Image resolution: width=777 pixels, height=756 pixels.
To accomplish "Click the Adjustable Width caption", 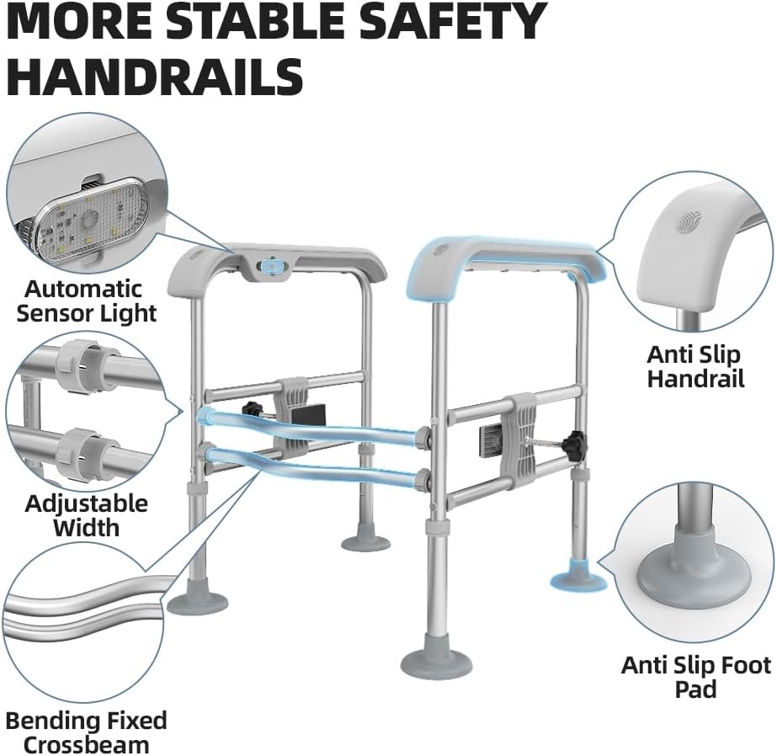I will pyautogui.click(x=86, y=515).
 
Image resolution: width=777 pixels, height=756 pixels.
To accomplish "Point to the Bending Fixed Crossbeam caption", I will pyautogui.click(x=86, y=732).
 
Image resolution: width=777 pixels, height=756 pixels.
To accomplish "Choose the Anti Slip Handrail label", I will pyautogui.click(x=695, y=366).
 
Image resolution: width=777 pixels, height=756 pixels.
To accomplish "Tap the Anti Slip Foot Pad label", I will pyautogui.click(x=695, y=677).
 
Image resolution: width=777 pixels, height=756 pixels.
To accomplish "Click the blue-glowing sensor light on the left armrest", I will pyautogui.click(x=272, y=266).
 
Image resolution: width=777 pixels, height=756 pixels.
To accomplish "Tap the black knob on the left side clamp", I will pyautogui.click(x=250, y=410).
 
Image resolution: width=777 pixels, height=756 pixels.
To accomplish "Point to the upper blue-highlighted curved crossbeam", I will pyautogui.click(x=311, y=424).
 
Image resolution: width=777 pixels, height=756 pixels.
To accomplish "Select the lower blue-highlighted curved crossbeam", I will pyautogui.click(x=311, y=467).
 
